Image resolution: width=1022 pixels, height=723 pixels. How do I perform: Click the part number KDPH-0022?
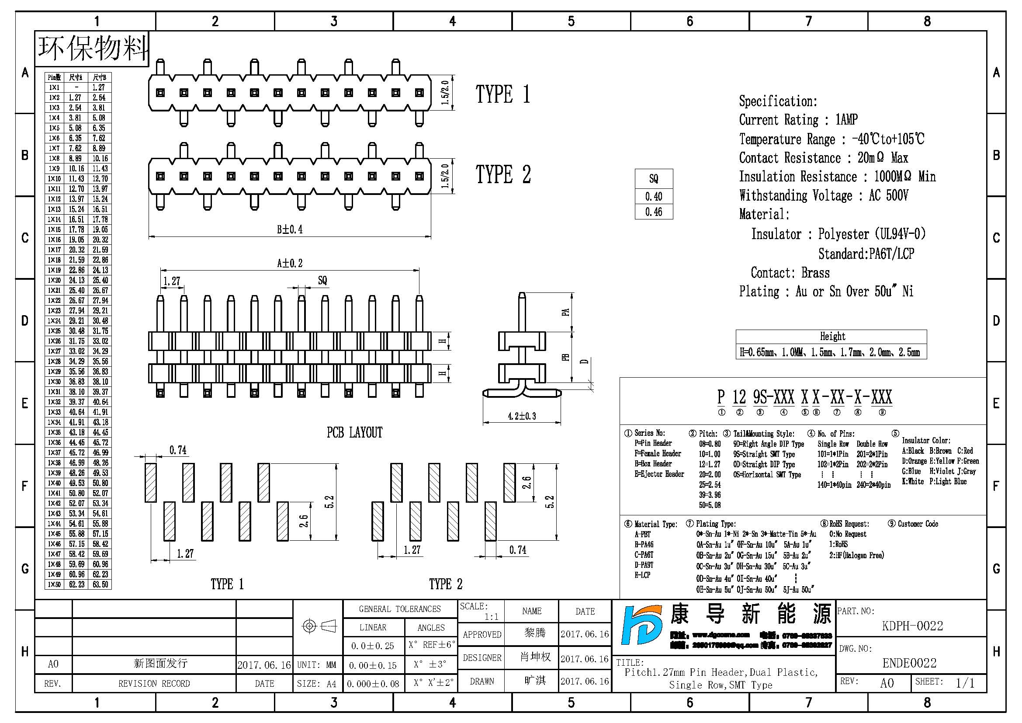pos(912,626)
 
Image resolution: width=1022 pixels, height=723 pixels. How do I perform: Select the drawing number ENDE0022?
pos(909,663)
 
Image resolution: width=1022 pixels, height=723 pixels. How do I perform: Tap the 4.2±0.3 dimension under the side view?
pos(522,416)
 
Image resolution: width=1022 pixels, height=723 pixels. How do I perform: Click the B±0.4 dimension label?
pos(289,229)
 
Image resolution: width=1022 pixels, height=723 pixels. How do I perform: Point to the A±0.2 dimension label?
pos(290,263)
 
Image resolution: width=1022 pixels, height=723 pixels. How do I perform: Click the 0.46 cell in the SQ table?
pos(653,212)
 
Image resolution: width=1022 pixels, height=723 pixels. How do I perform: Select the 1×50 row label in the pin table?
pos(54,584)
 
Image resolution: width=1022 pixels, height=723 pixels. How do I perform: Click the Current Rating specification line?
pos(798,119)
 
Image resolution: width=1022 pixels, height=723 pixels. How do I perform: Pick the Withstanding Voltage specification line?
pos(824,195)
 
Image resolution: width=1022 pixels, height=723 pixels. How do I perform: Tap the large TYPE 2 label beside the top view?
pos(503,174)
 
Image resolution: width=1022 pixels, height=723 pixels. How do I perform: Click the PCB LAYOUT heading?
pos(354,432)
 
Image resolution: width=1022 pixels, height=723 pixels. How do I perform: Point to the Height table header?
pos(832,336)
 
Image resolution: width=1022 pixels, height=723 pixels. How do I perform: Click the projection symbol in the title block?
pos(319,626)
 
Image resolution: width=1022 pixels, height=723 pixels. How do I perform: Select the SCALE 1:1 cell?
pos(481,611)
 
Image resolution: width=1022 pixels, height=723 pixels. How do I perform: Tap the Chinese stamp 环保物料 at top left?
pos(92,48)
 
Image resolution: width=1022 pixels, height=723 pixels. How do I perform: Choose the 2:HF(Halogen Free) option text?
pos(856,555)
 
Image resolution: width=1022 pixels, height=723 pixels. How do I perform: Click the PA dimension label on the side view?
pos(565,312)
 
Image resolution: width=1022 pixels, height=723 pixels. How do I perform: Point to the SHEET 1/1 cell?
pos(950,682)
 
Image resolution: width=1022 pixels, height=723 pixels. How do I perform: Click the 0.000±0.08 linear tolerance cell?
pos(373,683)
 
